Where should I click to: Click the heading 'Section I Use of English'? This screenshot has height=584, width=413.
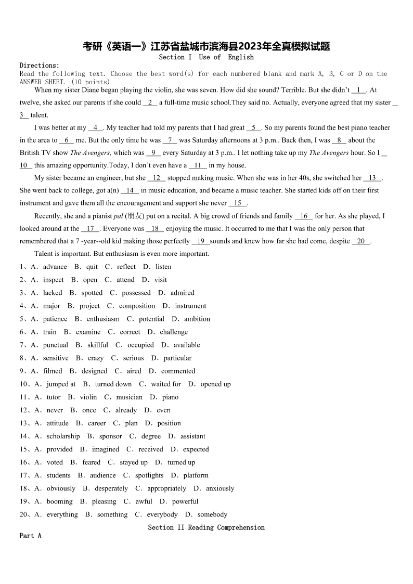click(x=206, y=57)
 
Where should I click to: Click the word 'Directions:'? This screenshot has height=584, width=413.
click(x=40, y=66)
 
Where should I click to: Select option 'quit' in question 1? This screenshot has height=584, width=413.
click(x=92, y=267)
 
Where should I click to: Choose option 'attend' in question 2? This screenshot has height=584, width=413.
click(x=125, y=280)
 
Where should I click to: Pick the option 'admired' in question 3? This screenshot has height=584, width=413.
click(x=182, y=293)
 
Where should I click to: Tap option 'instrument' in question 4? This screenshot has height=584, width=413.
click(x=190, y=306)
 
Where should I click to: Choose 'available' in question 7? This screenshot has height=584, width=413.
click(x=186, y=345)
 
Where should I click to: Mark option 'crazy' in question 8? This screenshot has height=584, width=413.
click(x=96, y=358)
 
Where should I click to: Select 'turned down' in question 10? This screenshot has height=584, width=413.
click(x=113, y=384)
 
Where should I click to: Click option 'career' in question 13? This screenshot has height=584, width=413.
click(x=97, y=423)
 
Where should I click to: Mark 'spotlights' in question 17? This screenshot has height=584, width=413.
click(x=149, y=475)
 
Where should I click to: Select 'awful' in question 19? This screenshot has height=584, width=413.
click(x=144, y=501)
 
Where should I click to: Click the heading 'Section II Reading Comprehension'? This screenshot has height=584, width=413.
click(x=206, y=527)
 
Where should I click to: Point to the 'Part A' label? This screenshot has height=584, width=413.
click(x=30, y=536)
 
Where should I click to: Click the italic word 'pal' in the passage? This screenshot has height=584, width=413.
click(x=118, y=216)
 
